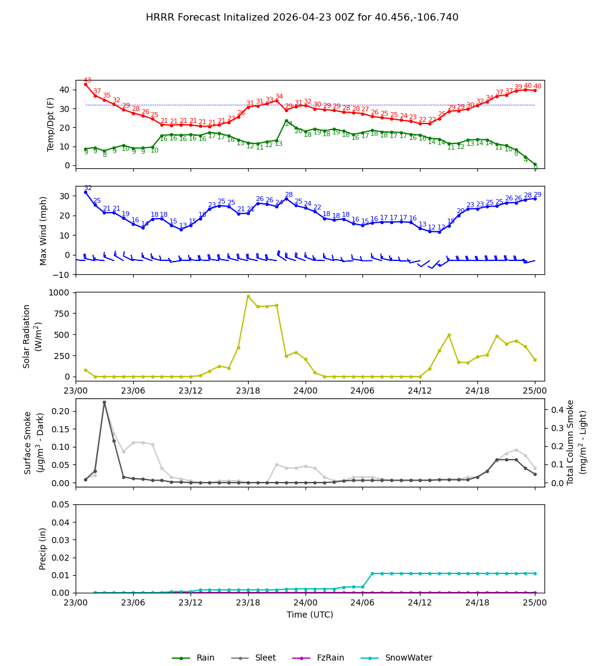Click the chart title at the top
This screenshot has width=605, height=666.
point(302,18)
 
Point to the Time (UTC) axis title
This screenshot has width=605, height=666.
point(310,615)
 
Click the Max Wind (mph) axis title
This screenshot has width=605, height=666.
point(44,230)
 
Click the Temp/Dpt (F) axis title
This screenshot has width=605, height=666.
point(51,124)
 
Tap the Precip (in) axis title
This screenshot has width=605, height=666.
point(44,549)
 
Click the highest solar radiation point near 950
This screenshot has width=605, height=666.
point(248,296)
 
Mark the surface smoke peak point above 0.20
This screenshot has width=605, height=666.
point(104,402)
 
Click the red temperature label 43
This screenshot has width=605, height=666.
point(87,80)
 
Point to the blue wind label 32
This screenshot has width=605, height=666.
point(88,188)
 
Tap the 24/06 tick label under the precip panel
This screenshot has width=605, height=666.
point(362,602)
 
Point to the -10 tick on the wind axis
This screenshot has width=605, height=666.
point(62,274)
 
